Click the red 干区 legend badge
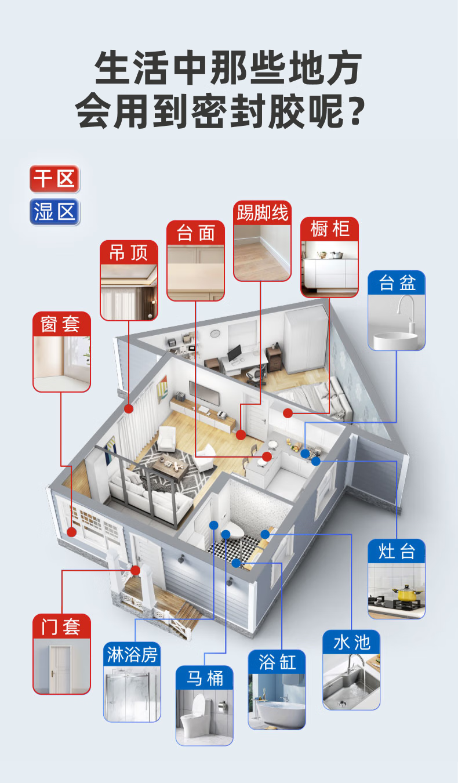click(x=54, y=179)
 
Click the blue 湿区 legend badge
click(x=54, y=212)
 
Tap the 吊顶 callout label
click(x=129, y=252)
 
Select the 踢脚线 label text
click(x=262, y=212)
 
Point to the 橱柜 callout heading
click(x=329, y=229)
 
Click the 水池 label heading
click(x=351, y=643)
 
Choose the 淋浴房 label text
click(x=132, y=654)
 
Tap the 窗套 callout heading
click(x=61, y=324)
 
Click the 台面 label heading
click(x=195, y=233)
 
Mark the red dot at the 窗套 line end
click(x=72, y=532)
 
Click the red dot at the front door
click(x=136, y=571)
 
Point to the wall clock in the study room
click(x=215, y=333)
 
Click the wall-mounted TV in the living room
click(x=204, y=393)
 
